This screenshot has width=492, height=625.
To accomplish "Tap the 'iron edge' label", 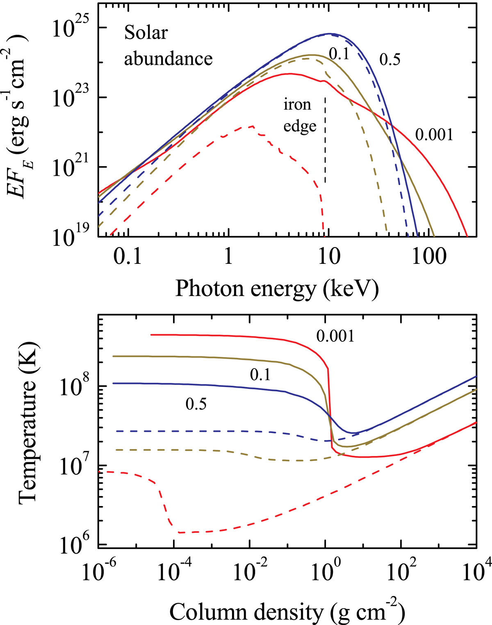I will click(299, 115).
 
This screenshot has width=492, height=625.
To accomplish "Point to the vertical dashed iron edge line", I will click(325, 140).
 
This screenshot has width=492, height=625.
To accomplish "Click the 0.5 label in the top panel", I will click(389, 60).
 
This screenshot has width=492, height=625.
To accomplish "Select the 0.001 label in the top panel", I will click(434, 135).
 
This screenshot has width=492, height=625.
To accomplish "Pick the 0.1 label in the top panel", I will click(339, 53).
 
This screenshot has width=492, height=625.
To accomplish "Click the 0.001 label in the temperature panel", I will click(335, 337).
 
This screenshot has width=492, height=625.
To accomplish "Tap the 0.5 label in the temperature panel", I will click(196, 404).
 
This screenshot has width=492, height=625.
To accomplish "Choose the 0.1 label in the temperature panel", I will click(260, 375).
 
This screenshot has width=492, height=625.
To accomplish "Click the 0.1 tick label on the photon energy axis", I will click(129, 258).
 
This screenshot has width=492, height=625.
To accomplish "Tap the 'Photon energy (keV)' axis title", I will click(277, 288).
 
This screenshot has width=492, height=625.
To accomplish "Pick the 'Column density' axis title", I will click(287, 613).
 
